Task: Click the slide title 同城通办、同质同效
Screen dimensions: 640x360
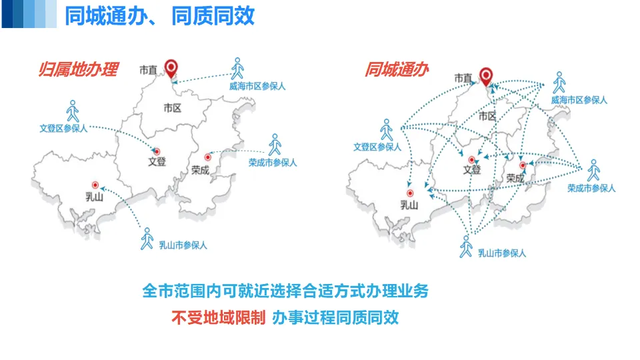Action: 159,15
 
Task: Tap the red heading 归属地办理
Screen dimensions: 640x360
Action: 78,70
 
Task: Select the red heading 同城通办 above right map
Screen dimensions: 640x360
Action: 396,70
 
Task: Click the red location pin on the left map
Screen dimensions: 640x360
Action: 172,69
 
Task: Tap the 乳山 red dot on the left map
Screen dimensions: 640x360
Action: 95,185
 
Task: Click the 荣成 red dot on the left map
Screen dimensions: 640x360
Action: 207,157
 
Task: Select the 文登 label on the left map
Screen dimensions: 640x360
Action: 157,161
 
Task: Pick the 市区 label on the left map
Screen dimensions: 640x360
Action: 172,107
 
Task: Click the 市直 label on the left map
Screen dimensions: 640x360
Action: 149,70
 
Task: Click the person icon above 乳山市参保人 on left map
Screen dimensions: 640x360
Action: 147,237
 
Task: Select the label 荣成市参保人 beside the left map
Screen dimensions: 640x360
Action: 273,162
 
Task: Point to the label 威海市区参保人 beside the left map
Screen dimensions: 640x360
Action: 257,86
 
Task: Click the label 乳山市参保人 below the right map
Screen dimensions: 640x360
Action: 502,253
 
